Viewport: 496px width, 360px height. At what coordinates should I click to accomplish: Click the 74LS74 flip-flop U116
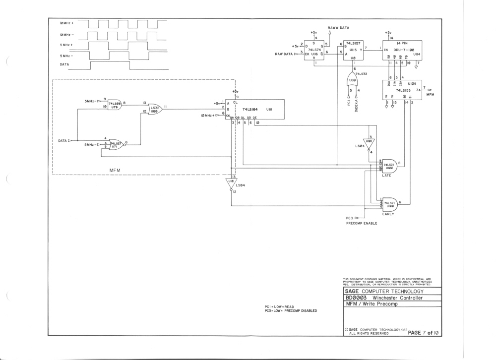315,51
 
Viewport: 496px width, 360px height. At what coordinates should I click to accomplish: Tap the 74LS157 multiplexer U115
354,51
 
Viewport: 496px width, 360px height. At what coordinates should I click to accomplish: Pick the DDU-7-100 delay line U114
405,51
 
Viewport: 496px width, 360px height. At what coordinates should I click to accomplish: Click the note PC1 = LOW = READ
285,307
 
